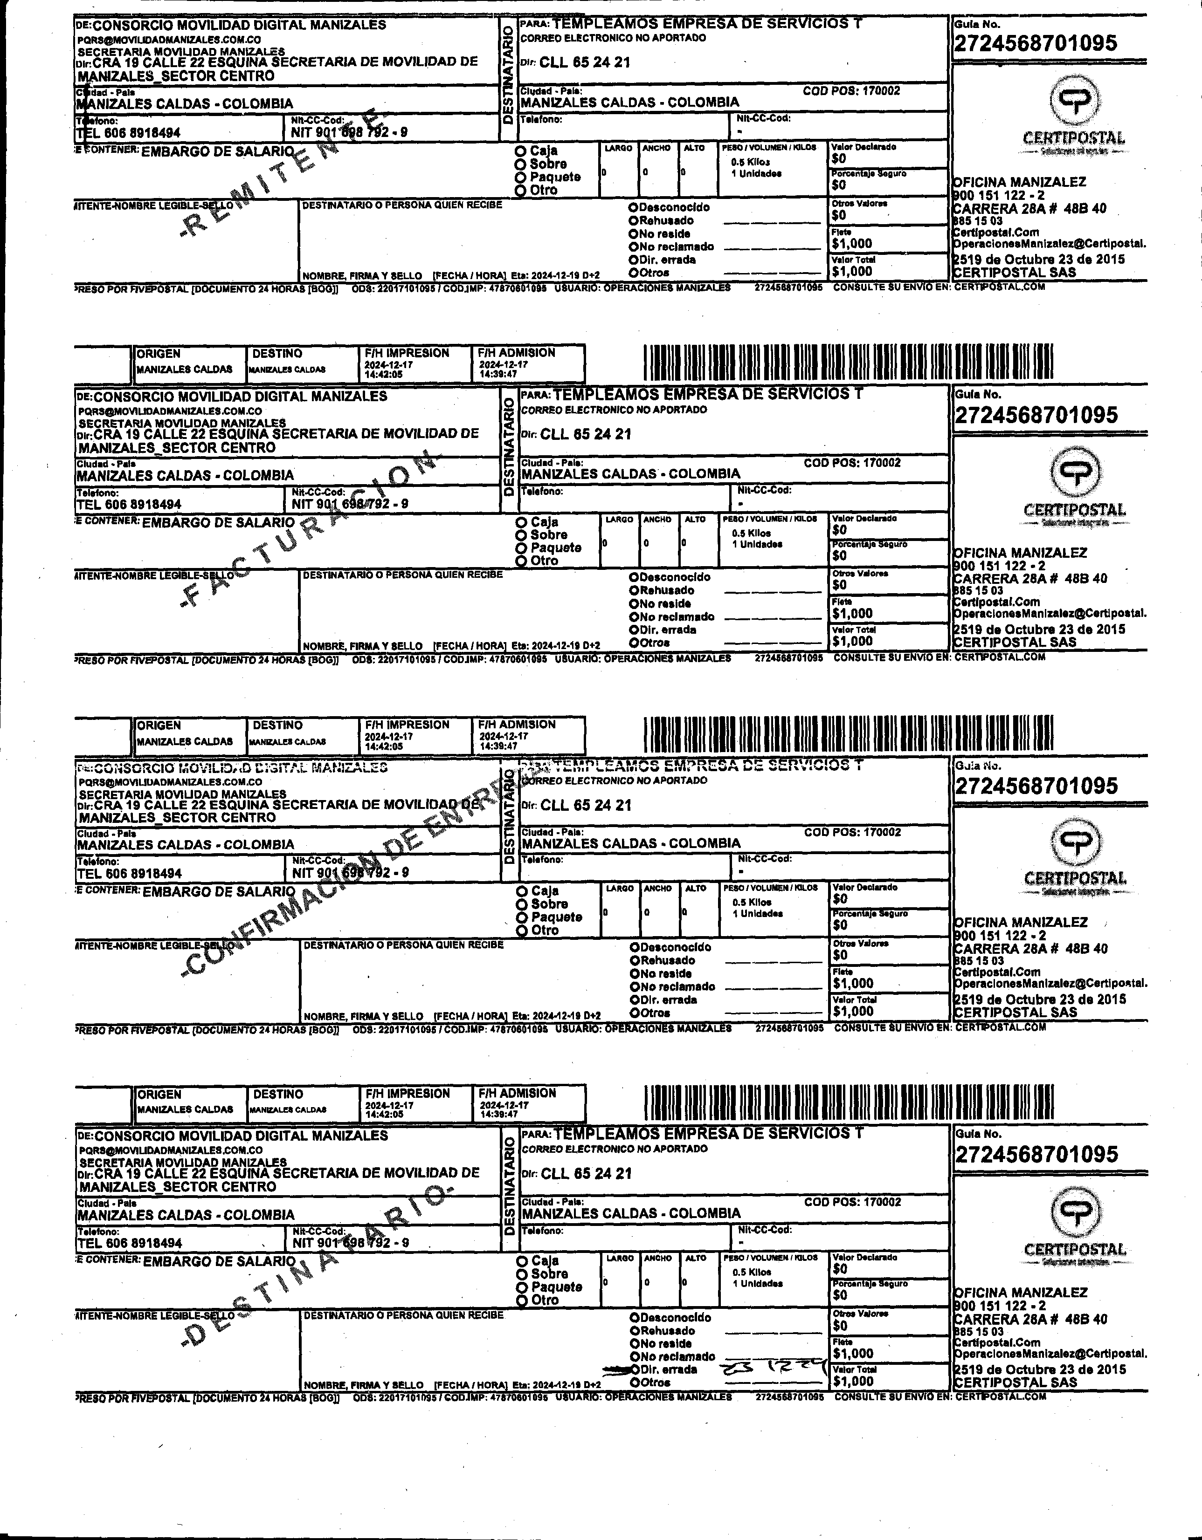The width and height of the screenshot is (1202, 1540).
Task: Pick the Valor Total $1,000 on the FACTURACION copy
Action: click(x=852, y=642)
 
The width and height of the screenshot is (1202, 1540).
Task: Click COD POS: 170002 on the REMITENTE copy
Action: click(x=851, y=91)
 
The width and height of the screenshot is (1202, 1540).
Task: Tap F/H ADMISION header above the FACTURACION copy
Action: click(x=516, y=353)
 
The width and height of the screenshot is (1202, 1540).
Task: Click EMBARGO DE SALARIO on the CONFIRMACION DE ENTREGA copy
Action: click(x=219, y=891)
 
